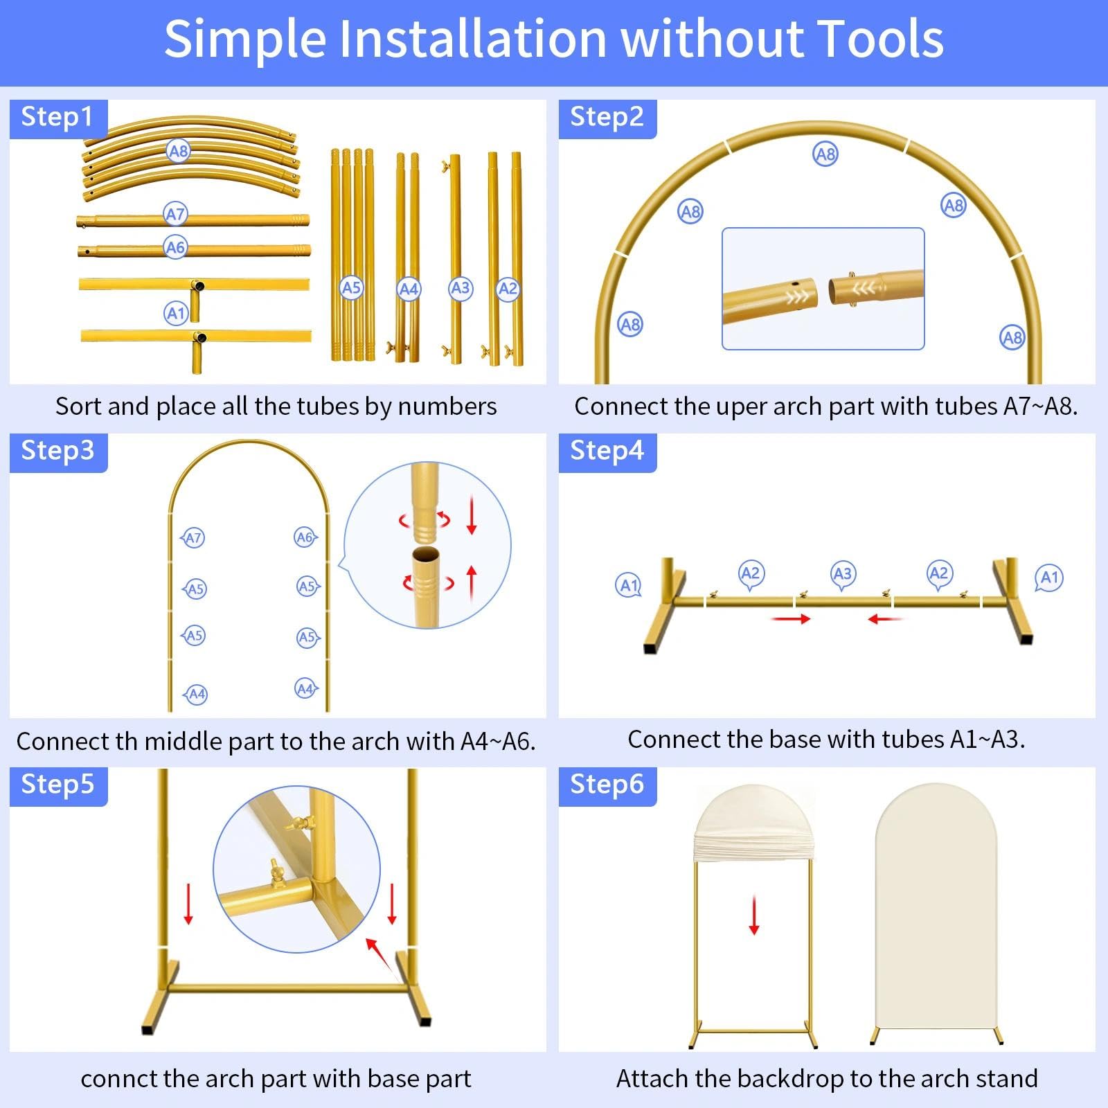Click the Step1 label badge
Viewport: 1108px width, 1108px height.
(x=58, y=118)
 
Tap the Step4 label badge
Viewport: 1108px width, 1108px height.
(x=607, y=452)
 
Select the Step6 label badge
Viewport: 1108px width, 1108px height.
(x=607, y=786)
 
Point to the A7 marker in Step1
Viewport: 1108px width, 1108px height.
(x=175, y=214)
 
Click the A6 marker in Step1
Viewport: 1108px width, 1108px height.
(x=175, y=247)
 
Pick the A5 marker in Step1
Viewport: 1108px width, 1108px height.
(x=351, y=288)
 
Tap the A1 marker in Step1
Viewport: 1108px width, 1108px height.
(x=176, y=314)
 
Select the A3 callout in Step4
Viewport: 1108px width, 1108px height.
(x=842, y=575)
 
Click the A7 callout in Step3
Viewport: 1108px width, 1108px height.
(x=193, y=538)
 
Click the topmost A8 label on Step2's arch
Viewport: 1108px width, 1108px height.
(x=825, y=154)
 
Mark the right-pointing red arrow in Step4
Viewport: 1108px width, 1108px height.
(x=790, y=618)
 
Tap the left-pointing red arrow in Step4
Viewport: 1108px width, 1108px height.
(x=886, y=618)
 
